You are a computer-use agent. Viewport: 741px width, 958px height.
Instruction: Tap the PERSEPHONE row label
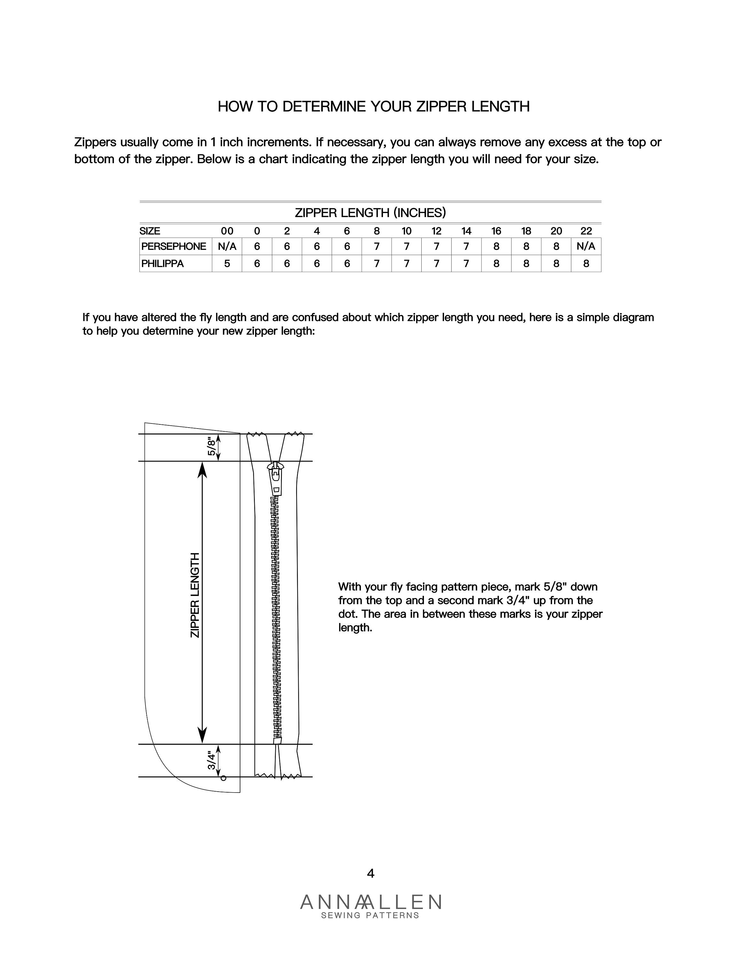click(173, 247)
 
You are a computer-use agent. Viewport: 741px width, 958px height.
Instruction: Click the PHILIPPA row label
click(162, 264)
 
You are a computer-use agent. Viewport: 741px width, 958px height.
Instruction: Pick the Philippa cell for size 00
click(227, 264)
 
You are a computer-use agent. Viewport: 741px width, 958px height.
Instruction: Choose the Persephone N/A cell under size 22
click(586, 247)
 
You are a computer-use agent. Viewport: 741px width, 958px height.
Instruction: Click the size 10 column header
click(407, 231)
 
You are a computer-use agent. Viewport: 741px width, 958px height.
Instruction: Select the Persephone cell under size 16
click(496, 247)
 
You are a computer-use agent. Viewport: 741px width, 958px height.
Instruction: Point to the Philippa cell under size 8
click(377, 264)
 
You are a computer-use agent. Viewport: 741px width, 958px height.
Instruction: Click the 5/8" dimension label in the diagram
click(212, 446)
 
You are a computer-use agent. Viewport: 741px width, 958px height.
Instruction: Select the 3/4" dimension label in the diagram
click(212, 760)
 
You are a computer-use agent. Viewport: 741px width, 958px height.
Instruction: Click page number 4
click(370, 874)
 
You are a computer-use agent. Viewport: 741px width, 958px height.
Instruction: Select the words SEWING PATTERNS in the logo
click(370, 916)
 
